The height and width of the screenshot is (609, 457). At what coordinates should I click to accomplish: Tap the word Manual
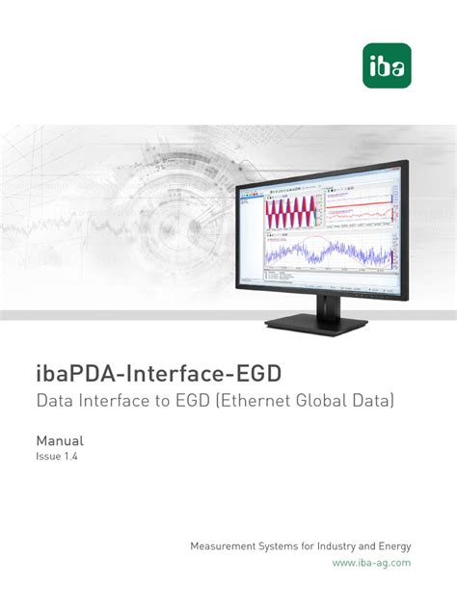(x=60, y=438)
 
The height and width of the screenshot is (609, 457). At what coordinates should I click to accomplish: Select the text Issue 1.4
(x=56, y=457)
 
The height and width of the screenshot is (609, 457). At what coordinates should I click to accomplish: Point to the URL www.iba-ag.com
(x=372, y=563)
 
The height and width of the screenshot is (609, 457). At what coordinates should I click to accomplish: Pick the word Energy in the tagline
(x=393, y=546)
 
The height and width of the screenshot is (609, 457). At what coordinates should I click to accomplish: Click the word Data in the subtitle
(x=55, y=399)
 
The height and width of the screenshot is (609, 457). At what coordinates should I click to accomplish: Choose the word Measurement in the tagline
(x=228, y=546)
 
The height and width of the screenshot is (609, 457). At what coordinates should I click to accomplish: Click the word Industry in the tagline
(x=336, y=546)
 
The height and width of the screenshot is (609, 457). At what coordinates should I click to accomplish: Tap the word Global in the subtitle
(x=322, y=399)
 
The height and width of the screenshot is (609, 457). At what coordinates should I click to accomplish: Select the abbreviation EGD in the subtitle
(x=193, y=399)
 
